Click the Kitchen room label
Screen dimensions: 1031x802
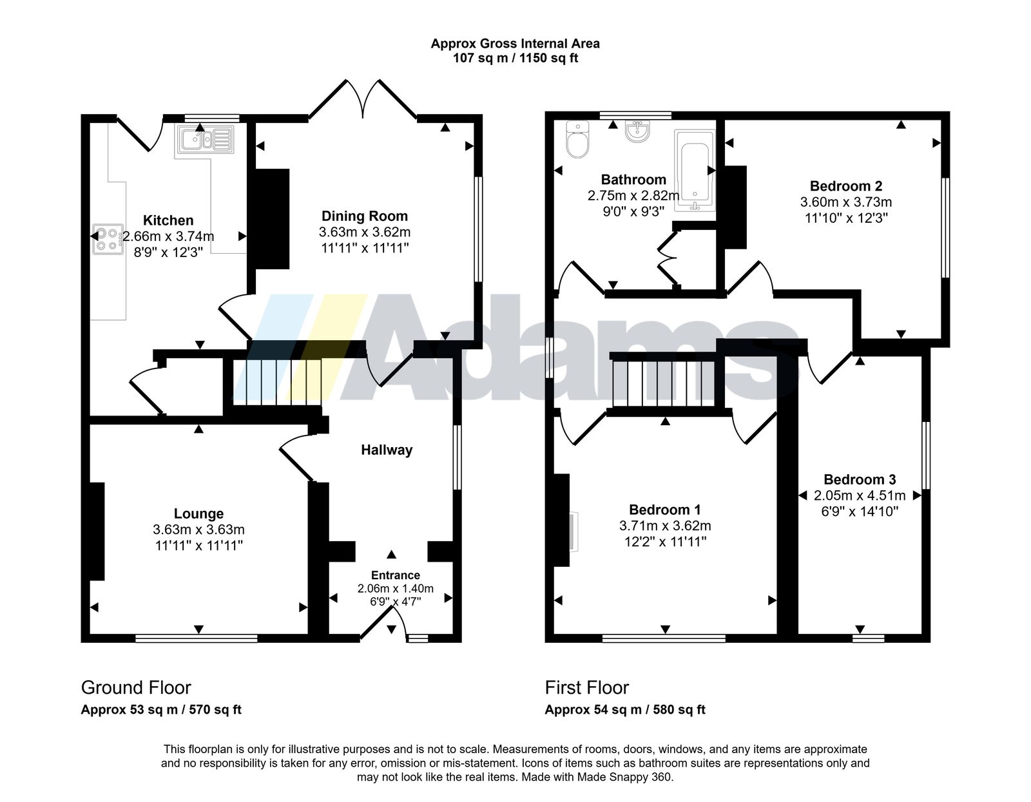click(x=168, y=220)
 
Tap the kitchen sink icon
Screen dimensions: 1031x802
click(x=205, y=138)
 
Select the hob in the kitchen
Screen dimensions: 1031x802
click(x=108, y=239)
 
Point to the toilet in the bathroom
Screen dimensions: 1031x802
click(x=578, y=139)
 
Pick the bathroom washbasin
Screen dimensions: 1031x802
click(x=637, y=131)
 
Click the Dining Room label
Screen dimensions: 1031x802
click(x=364, y=216)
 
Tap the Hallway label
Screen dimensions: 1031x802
click(x=387, y=450)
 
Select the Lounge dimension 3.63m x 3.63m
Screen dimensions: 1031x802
click(x=199, y=530)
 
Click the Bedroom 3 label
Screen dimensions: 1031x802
click(x=860, y=479)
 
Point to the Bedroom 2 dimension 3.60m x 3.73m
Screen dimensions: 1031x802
click(x=846, y=202)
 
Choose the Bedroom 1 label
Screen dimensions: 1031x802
click(x=665, y=510)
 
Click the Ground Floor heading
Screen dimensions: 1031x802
click(x=136, y=688)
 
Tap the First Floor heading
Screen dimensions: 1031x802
click(x=586, y=688)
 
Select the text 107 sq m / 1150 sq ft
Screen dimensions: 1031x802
click(x=515, y=59)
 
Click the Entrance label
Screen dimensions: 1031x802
click(x=395, y=575)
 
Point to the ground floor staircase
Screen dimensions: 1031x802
click(x=277, y=382)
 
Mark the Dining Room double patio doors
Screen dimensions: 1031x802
click(x=363, y=99)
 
